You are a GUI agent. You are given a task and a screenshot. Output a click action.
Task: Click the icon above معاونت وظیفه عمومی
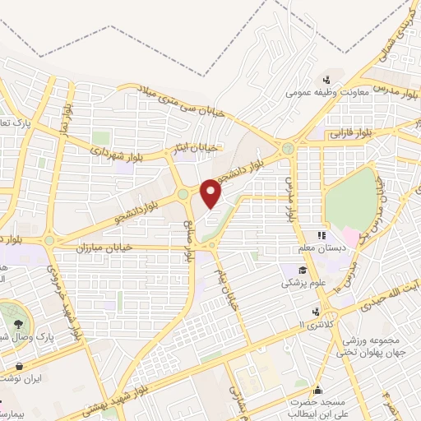327,80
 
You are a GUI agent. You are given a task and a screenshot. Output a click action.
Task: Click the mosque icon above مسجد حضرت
317,390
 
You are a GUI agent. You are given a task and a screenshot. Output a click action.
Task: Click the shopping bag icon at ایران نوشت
19,367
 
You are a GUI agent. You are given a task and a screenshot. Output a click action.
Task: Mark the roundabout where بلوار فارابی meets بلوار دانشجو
287,149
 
